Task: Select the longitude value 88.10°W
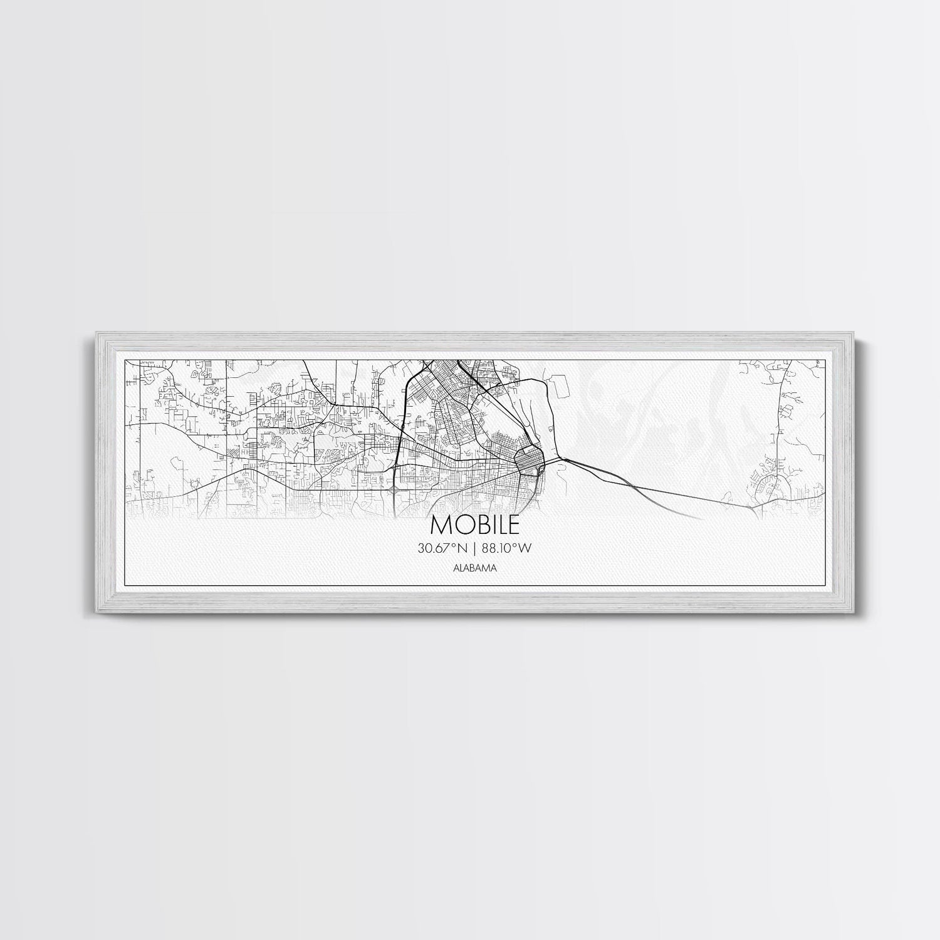[x=507, y=548]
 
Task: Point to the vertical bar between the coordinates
[x=476, y=548]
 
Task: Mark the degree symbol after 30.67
[x=457, y=545]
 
